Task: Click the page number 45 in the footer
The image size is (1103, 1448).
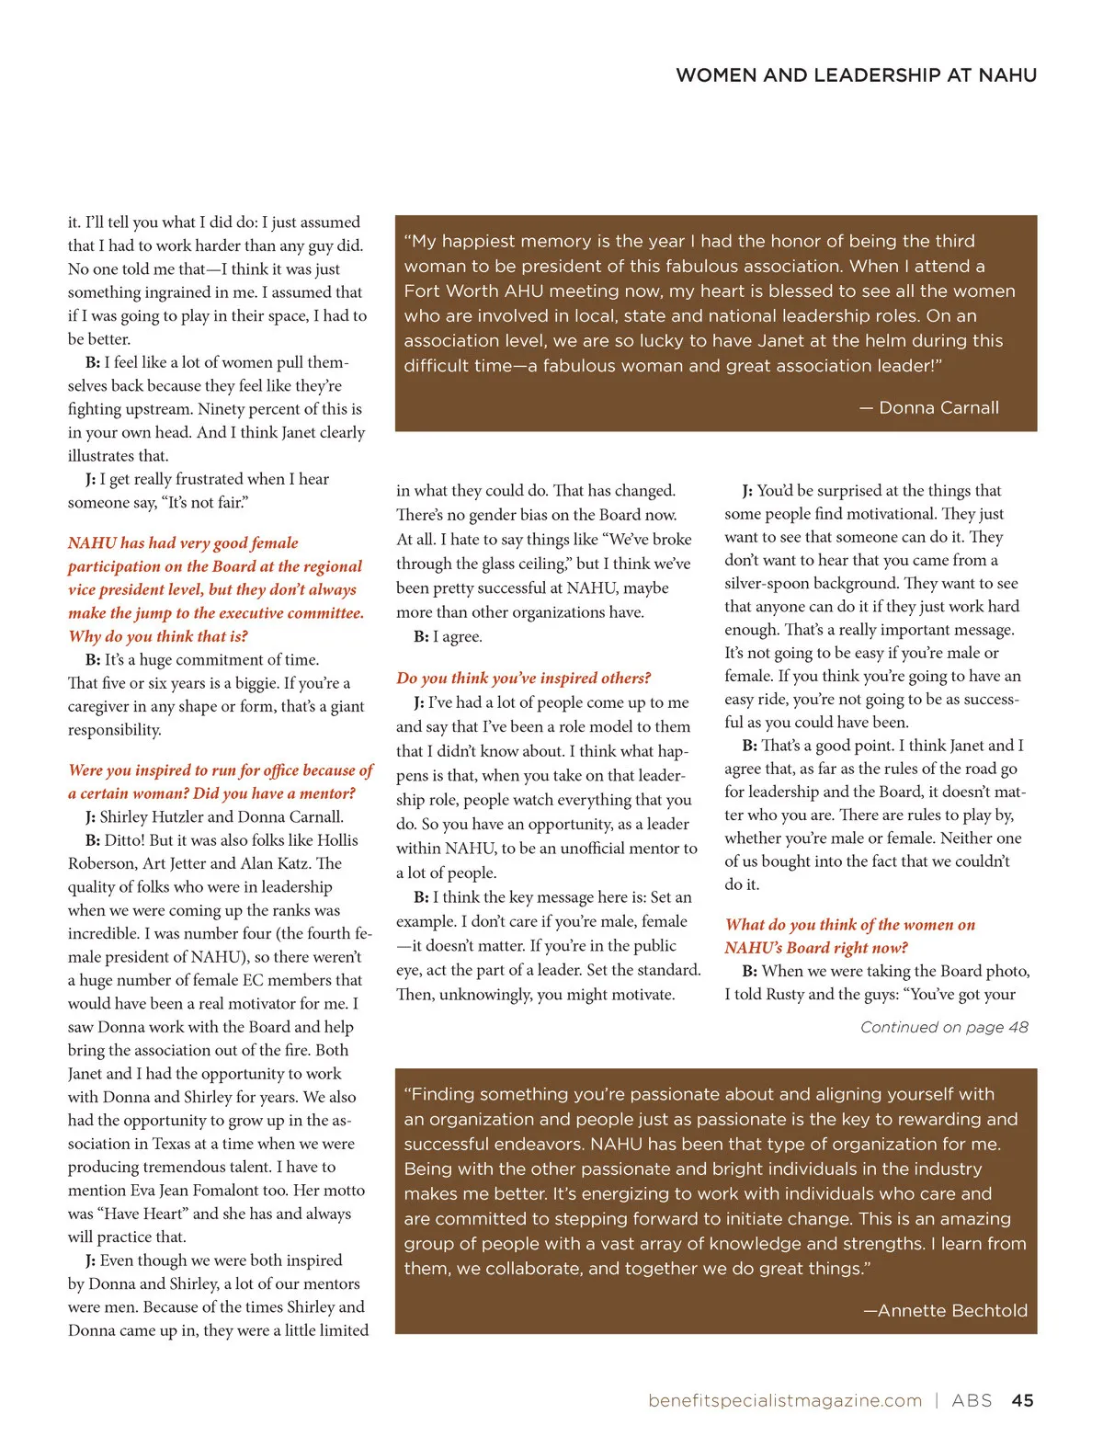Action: [x=1022, y=1400]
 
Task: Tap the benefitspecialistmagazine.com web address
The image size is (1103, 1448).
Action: [x=784, y=1400]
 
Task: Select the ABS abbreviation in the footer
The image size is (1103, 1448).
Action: [x=972, y=1400]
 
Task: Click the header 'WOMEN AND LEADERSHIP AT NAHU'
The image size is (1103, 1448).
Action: [x=856, y=75]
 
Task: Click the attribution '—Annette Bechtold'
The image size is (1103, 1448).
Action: [x=945, y=1310]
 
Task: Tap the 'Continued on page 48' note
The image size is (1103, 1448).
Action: [x=944, y=1027]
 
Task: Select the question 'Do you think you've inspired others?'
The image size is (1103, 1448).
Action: [x=523, y=678]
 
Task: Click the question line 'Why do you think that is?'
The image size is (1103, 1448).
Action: [x=158, y=636]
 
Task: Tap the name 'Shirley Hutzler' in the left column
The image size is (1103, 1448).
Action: [x=152, y=816]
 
